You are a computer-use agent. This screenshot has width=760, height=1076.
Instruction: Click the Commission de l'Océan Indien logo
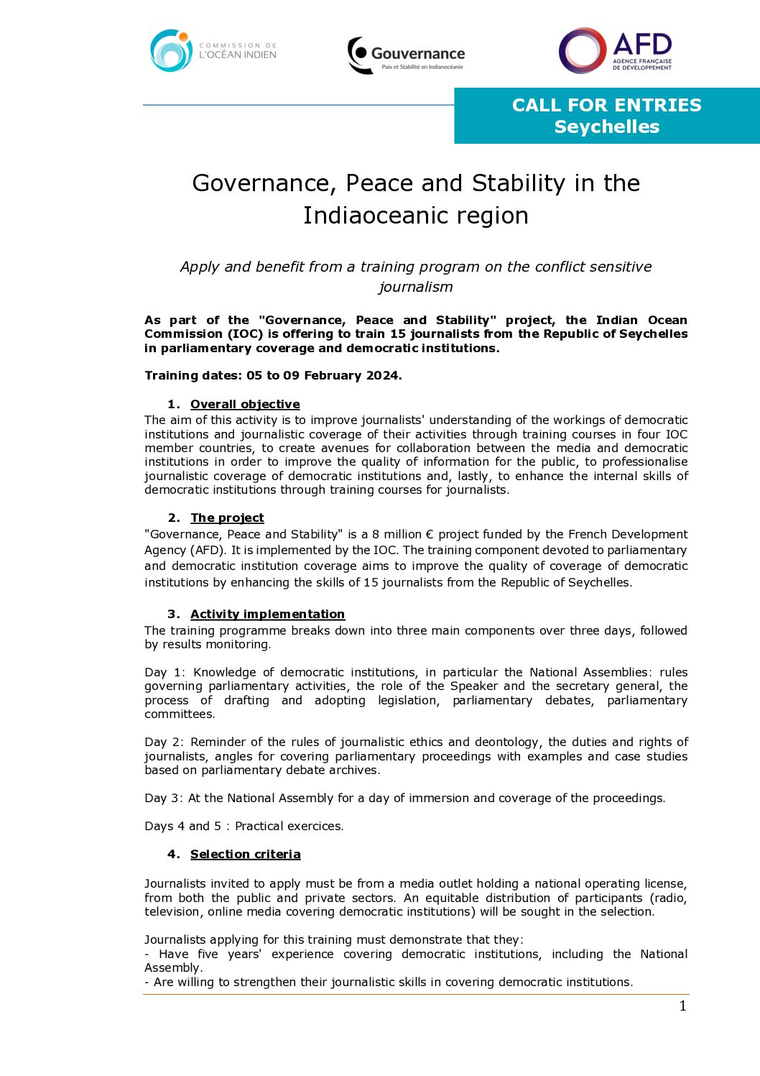coord(213,50)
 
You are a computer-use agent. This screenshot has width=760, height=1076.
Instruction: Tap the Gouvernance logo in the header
coord(406,55)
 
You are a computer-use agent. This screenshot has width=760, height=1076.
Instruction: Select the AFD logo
coord(616,50)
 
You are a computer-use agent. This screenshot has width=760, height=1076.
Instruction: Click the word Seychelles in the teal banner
coord(606,127)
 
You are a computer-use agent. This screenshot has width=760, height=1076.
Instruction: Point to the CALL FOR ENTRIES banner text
coord(606,105)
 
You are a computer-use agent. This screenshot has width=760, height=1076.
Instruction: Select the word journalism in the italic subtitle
coord(415,287)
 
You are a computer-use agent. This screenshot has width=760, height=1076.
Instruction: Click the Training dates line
coord(273,375)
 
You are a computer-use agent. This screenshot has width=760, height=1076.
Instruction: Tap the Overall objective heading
coord(245,404)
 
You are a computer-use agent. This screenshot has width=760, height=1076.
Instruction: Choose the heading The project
coord(227,518)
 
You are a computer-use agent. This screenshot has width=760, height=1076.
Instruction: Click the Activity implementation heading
coord(267,614)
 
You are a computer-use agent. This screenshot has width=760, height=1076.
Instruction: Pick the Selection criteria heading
coord(245,854)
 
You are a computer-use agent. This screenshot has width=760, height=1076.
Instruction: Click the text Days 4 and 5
coord(182,826)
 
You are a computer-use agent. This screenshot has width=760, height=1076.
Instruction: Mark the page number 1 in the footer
coord(682,1006)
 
